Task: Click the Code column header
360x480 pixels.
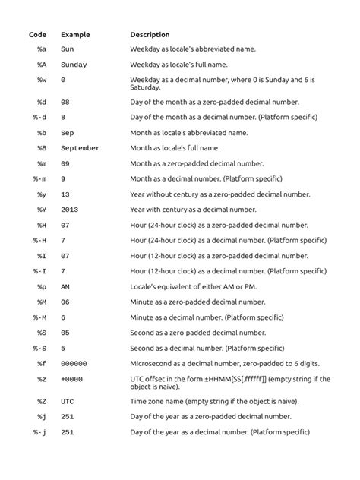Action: click(x=38, y=35)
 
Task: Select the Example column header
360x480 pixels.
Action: click(x=75, y=35)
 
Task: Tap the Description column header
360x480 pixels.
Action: click(x=150, y=35)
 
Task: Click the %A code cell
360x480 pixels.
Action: click(x=42, y=65)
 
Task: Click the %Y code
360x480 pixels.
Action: click(x=42, y=210)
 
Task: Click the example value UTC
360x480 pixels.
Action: click(x=68, y=401)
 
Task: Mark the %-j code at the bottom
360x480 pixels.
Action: click(x=41, y=431)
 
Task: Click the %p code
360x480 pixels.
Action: click(x=42, y=286)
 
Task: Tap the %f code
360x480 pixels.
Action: click(x=42, y=364)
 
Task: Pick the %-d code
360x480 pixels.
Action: click(x=41, y=117)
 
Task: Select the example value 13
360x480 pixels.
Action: click(x=65, y=194)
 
